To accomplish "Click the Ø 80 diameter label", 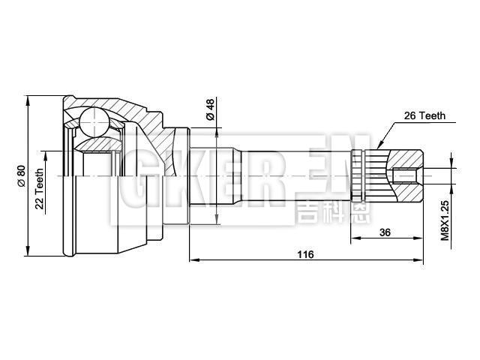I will pyautogui.click(x=21, y=175).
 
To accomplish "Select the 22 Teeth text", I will pyautogui.click(x=39, y=188).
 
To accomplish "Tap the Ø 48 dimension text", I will pyautogui.click(x=211, y=110).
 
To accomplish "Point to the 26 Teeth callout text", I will pyautogui.click(x=424, y=115).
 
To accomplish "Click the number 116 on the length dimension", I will pyautogui.click(x=304, y=254).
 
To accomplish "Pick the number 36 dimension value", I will pyautogui.click(x=385, y=232).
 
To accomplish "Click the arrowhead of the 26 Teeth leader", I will pyautogui.click(x=379, y=145).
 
